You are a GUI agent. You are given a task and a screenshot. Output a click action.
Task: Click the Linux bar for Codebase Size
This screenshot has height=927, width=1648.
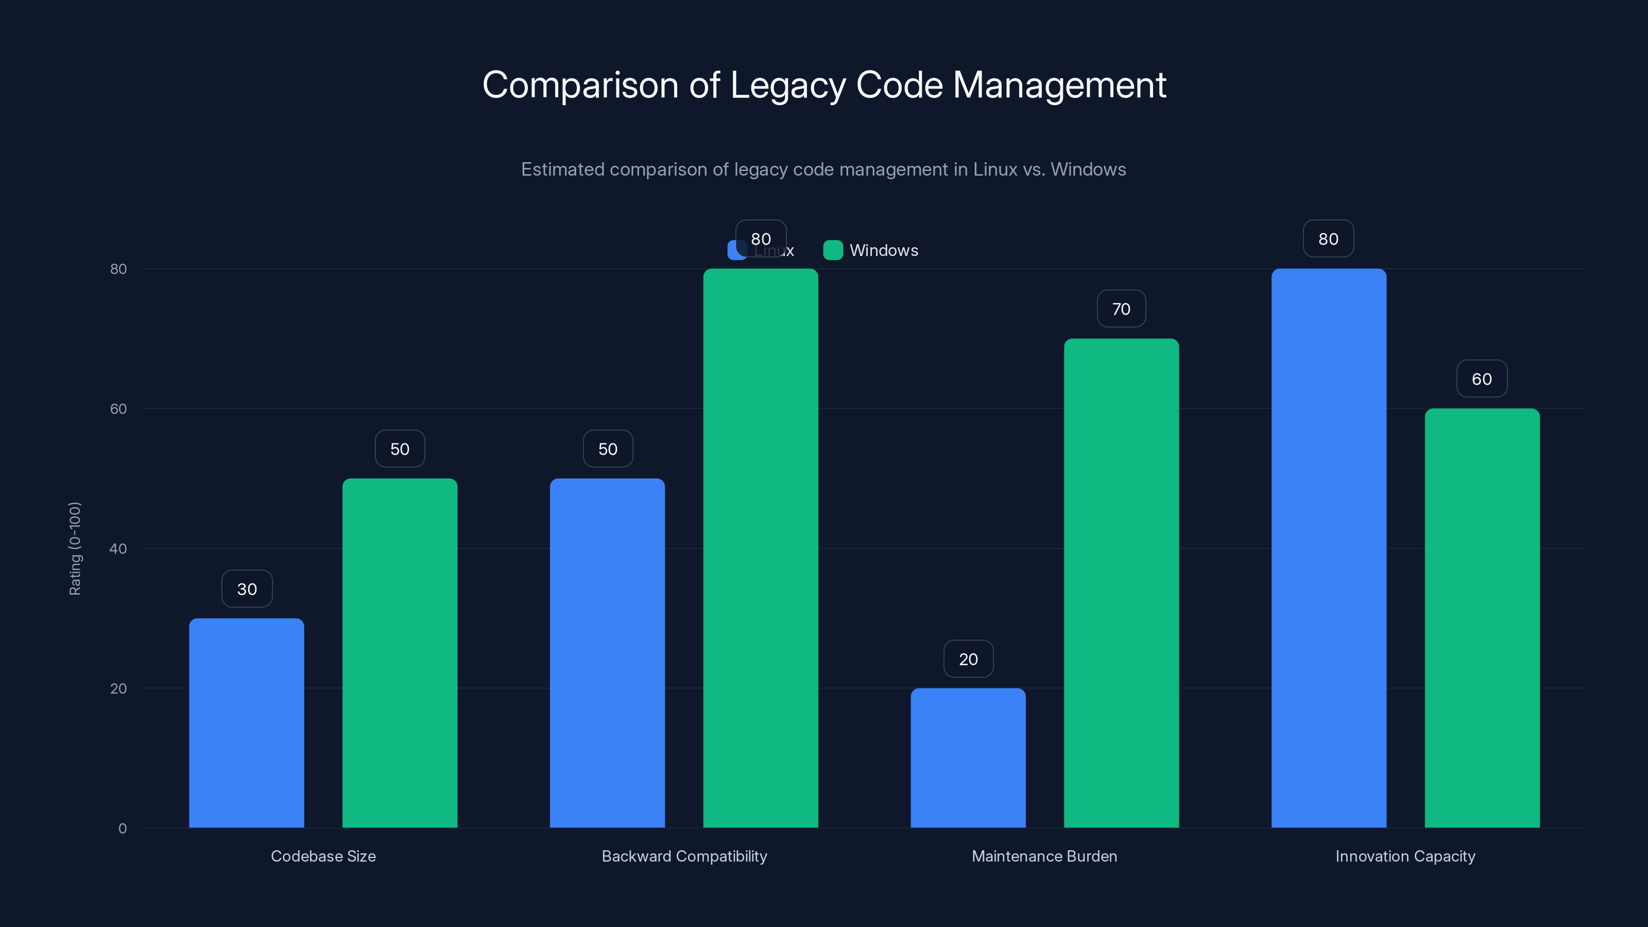click(x=246, y=723)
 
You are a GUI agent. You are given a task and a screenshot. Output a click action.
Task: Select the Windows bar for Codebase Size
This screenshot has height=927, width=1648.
click(x=400, y=653)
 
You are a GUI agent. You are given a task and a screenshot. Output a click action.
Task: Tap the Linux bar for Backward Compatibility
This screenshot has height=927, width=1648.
click(x=607, y=653)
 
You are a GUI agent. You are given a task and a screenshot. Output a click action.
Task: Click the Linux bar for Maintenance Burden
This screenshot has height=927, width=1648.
click(x=968, y=758)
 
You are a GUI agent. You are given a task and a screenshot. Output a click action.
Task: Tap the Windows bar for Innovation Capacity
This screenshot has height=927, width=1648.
click(x=1482, y=618)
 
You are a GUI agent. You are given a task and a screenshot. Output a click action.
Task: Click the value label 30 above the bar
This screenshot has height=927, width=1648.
click(x=247, y=589)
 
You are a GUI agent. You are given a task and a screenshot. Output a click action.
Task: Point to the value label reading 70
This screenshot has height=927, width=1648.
click(x=1121, y=309)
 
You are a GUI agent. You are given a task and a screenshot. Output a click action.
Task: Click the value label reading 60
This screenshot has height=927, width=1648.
click(x=1482, y=379)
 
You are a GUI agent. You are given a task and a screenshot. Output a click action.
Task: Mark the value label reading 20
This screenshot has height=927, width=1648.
click(x=968, y=659)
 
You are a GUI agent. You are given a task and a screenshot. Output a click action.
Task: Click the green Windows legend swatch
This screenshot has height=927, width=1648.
click(x=832, y=250)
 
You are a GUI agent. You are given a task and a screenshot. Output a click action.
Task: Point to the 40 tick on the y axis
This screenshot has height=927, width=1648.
click(x=118, y=548)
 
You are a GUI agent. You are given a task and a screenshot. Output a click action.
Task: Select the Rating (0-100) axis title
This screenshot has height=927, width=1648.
click(x=75, y=548)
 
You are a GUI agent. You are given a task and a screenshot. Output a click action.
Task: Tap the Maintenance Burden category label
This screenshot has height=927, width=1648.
click(x=1044, y=856)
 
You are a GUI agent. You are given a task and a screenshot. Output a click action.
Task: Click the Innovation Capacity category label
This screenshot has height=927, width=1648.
click(x=1405, y=856)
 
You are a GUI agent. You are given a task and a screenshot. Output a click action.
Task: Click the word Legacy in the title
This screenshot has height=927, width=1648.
click(x=787, y=85)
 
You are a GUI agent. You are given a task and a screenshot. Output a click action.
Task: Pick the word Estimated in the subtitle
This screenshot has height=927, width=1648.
click(x=562, y=169)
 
